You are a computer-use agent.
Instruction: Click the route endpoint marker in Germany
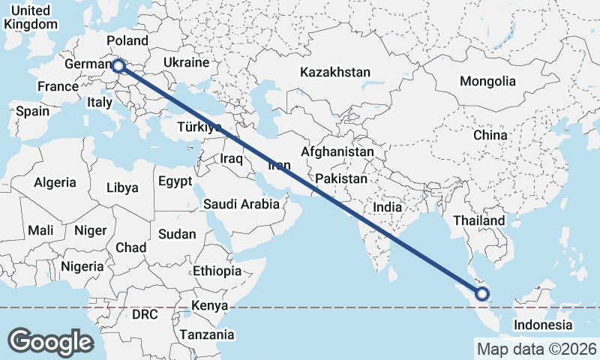(118, 66)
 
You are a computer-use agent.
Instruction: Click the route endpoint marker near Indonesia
(482, 293)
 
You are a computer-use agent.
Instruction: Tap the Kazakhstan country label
(335, 73)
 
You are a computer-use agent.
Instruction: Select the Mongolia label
(487, 81)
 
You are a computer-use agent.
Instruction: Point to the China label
(490, 135)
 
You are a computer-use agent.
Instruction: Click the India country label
(388, 206)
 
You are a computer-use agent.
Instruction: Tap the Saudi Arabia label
(241, 204)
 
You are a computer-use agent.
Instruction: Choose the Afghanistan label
(337, 151)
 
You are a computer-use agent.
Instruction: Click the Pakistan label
(341, 179)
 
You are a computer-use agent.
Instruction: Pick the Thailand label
(478, 221)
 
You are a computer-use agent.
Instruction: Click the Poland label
(127, 40)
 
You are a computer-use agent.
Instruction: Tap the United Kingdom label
(30, 17)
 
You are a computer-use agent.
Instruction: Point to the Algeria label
(55, 182)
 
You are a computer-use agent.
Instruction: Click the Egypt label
(175, 181)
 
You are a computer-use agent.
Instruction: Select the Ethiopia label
(217, 271)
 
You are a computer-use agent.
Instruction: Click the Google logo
(50, 342)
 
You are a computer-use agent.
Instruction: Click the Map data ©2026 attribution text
(536, 349)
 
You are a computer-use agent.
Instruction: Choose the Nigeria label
(82, 266)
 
